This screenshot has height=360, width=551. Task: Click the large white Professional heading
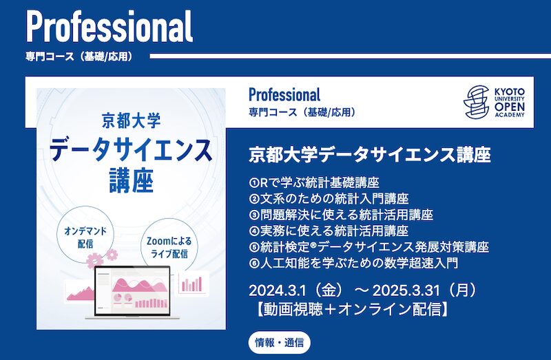[110, 27]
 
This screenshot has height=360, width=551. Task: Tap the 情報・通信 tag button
[280, 341]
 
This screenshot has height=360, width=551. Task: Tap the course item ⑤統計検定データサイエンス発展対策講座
[368, 246]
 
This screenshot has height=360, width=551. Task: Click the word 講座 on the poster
[130, 180]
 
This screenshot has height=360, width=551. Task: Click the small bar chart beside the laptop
[193, 282]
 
